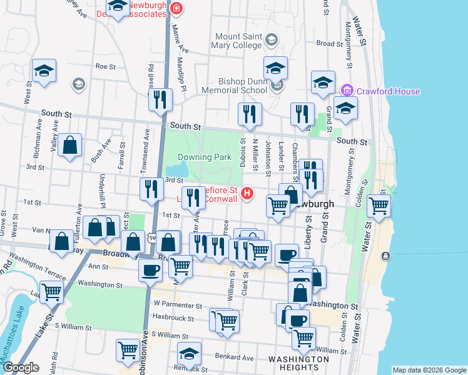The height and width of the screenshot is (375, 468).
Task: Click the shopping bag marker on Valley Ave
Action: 71,145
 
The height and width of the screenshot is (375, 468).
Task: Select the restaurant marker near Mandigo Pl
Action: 160,99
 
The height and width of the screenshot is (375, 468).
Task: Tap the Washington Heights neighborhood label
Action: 298,363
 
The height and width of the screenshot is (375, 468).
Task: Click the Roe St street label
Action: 102,66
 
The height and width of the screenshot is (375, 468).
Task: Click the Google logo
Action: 21,367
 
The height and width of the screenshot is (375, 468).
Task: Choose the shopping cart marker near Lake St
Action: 51,291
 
